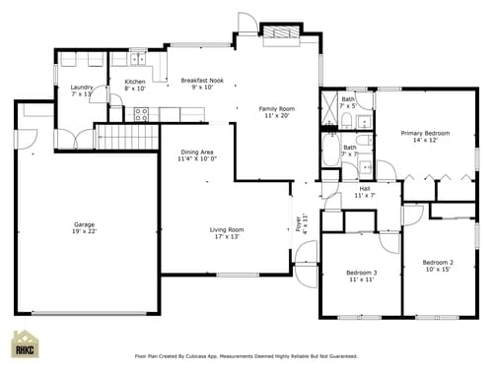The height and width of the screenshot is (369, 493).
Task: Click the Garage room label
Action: coord(84,223)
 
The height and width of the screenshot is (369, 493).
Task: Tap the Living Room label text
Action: coord(227,229)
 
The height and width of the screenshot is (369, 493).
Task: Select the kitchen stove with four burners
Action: coord(141,111)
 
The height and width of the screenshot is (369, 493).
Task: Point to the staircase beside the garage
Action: coord(126,136)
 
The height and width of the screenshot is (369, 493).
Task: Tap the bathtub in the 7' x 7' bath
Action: coord(329,153)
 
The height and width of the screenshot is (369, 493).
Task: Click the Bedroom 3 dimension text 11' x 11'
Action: coord(360,279)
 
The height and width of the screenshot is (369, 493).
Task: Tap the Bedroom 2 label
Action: coord(438,262)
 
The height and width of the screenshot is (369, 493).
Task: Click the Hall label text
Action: coord(365,188)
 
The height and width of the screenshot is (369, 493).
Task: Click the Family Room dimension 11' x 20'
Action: coord(277,115)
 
